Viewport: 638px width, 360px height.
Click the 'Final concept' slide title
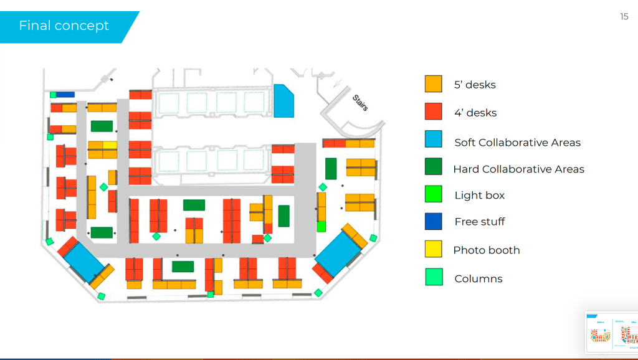(x=64, y=26)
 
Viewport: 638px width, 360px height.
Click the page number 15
(x=624, y=17)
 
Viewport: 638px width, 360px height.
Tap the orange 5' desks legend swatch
(x=433, y=84)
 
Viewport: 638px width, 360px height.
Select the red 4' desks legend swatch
(x=433, y=112)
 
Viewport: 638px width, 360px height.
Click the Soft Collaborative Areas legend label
(x=517, y=143)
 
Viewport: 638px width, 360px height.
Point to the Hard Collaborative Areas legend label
(x=518, y=169)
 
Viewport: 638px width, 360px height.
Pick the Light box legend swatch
(x=433, y=194)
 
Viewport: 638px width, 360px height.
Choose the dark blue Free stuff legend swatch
(x=433, y=221)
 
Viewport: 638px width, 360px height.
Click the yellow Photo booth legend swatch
(x=433, y=249)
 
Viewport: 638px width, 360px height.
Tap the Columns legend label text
(x=478, y=278)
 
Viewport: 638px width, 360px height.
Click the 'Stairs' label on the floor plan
(x=360, y=102)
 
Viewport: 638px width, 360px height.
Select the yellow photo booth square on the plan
(x=110, y=145)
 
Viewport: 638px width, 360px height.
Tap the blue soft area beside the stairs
(x=283, y=102)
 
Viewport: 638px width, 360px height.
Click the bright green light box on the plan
(x=321, y=226)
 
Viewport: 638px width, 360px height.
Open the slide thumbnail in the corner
(x=611, y=332)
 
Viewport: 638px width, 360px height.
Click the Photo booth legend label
(x=486, y=250)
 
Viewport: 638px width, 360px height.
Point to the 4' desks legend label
(x=475, y=113)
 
